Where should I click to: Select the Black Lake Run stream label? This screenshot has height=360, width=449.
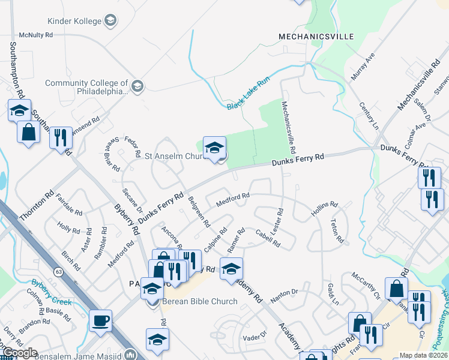[249, 93]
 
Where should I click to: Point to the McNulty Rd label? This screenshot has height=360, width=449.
[35, 35]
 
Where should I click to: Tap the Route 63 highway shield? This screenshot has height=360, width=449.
[58, 271]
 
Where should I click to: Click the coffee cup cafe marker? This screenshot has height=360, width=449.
[100, 320]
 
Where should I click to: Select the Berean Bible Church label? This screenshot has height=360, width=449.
[191, 301]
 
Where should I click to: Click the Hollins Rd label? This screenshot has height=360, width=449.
[324, 209]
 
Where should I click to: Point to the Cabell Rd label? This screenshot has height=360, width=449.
[268, 238]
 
